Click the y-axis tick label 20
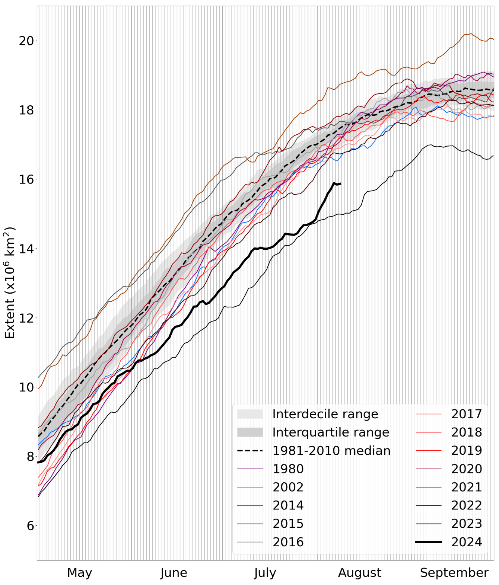(26, 41)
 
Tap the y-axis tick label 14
(26, 249)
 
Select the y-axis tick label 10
(26, 387)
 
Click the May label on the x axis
(79, 572)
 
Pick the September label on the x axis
(454, 572)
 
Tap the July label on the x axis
(265, 573)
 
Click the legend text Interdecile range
(325, 414)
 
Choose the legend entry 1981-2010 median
(331, 450)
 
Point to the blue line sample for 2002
(250, 487)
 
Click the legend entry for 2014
(288, 505)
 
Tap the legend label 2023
(466, 524)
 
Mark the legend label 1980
(288, 469)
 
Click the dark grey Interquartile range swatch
(250, 432)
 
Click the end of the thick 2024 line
(341, 183)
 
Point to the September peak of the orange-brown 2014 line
(470, 33)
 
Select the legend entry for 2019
(466, 450)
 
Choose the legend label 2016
(288, 542)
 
